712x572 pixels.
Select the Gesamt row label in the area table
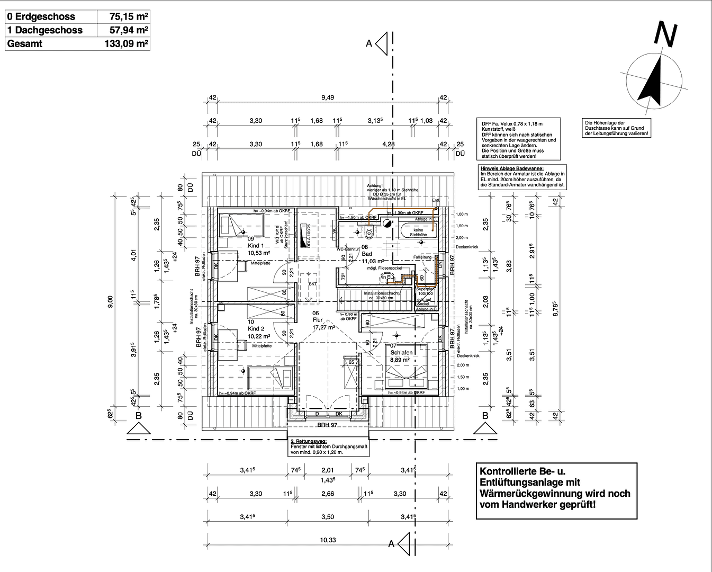click(25, 44)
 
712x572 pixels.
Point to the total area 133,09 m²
click(126, 44)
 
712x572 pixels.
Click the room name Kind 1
click(256, 246)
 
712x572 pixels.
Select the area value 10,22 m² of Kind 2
click(259, 336)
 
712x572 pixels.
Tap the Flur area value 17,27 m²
click(324, 327)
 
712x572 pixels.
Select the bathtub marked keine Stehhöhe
click(420, 231)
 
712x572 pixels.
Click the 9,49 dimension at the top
click(328, 97)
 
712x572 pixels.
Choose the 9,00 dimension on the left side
click(110, 302)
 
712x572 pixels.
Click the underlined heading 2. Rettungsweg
click(309, 441)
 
